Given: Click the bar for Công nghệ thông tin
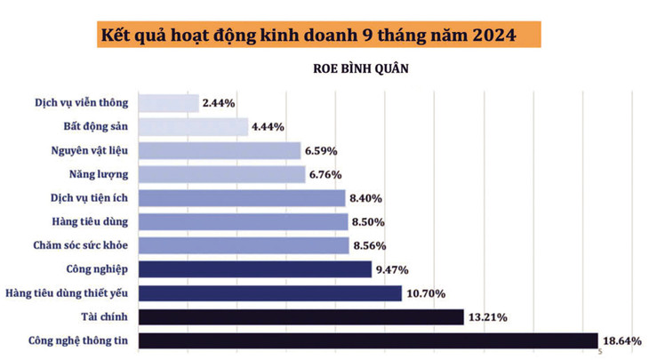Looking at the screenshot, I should tap(368, 340).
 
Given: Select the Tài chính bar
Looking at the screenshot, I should tap(301, 316).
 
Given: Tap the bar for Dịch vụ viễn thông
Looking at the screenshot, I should tap(169, 103).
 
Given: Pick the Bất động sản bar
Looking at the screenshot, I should tap(194, 127).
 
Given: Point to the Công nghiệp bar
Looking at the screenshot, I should tap(255, 269).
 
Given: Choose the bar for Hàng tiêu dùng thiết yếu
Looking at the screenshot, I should tap(271, 293).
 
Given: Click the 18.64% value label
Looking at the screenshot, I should tap(621, 340).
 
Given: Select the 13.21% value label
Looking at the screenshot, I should tap(488, 317).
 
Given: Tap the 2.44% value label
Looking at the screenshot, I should tap(219, 103).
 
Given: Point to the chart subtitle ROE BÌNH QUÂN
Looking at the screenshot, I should tap(360, 68).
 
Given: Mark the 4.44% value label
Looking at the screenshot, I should tap(268, 127).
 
